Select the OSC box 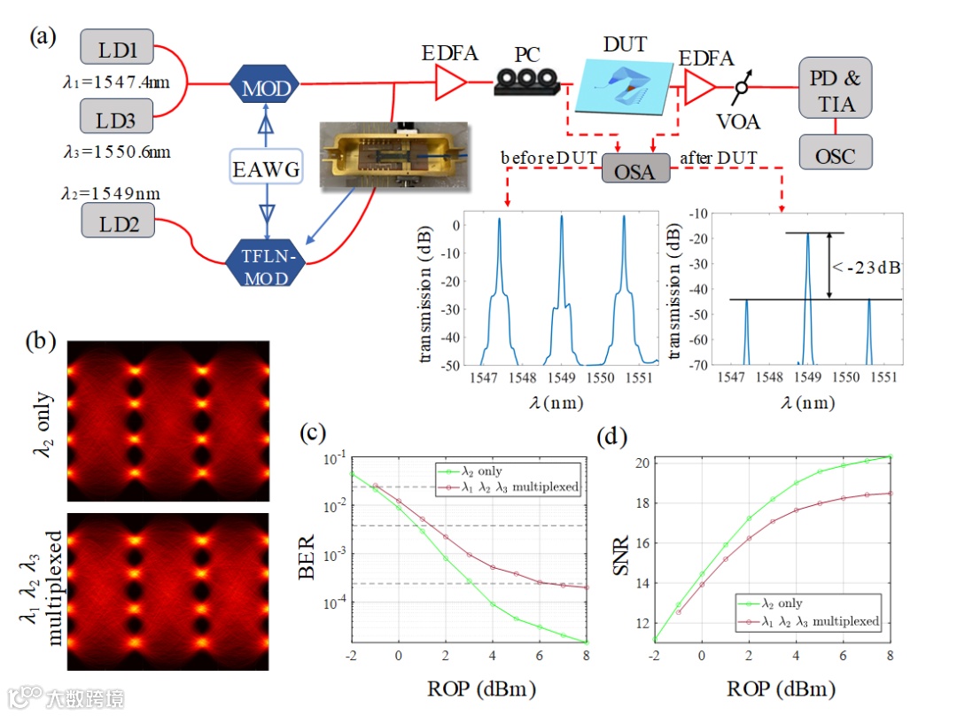click(835, 156)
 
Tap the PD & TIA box click(835, 90)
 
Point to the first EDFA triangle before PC click(450, 85)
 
